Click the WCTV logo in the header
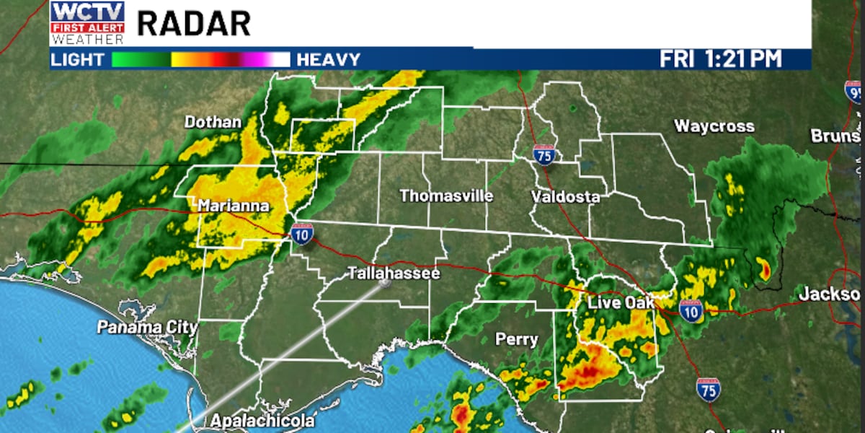click(87, 22)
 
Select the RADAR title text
click(193, 24)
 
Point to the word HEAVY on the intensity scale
click(329, 59)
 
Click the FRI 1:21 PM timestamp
click(720, 59)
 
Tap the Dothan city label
click(213, 122)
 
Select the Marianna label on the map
click(234, 206)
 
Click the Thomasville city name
click(446, 196)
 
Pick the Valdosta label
click(566, 196)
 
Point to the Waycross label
click(714, 126)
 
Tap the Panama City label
click(147, 327)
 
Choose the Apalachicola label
click(262, 421)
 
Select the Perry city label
click(516, 338)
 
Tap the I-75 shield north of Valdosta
click(544, 154)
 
